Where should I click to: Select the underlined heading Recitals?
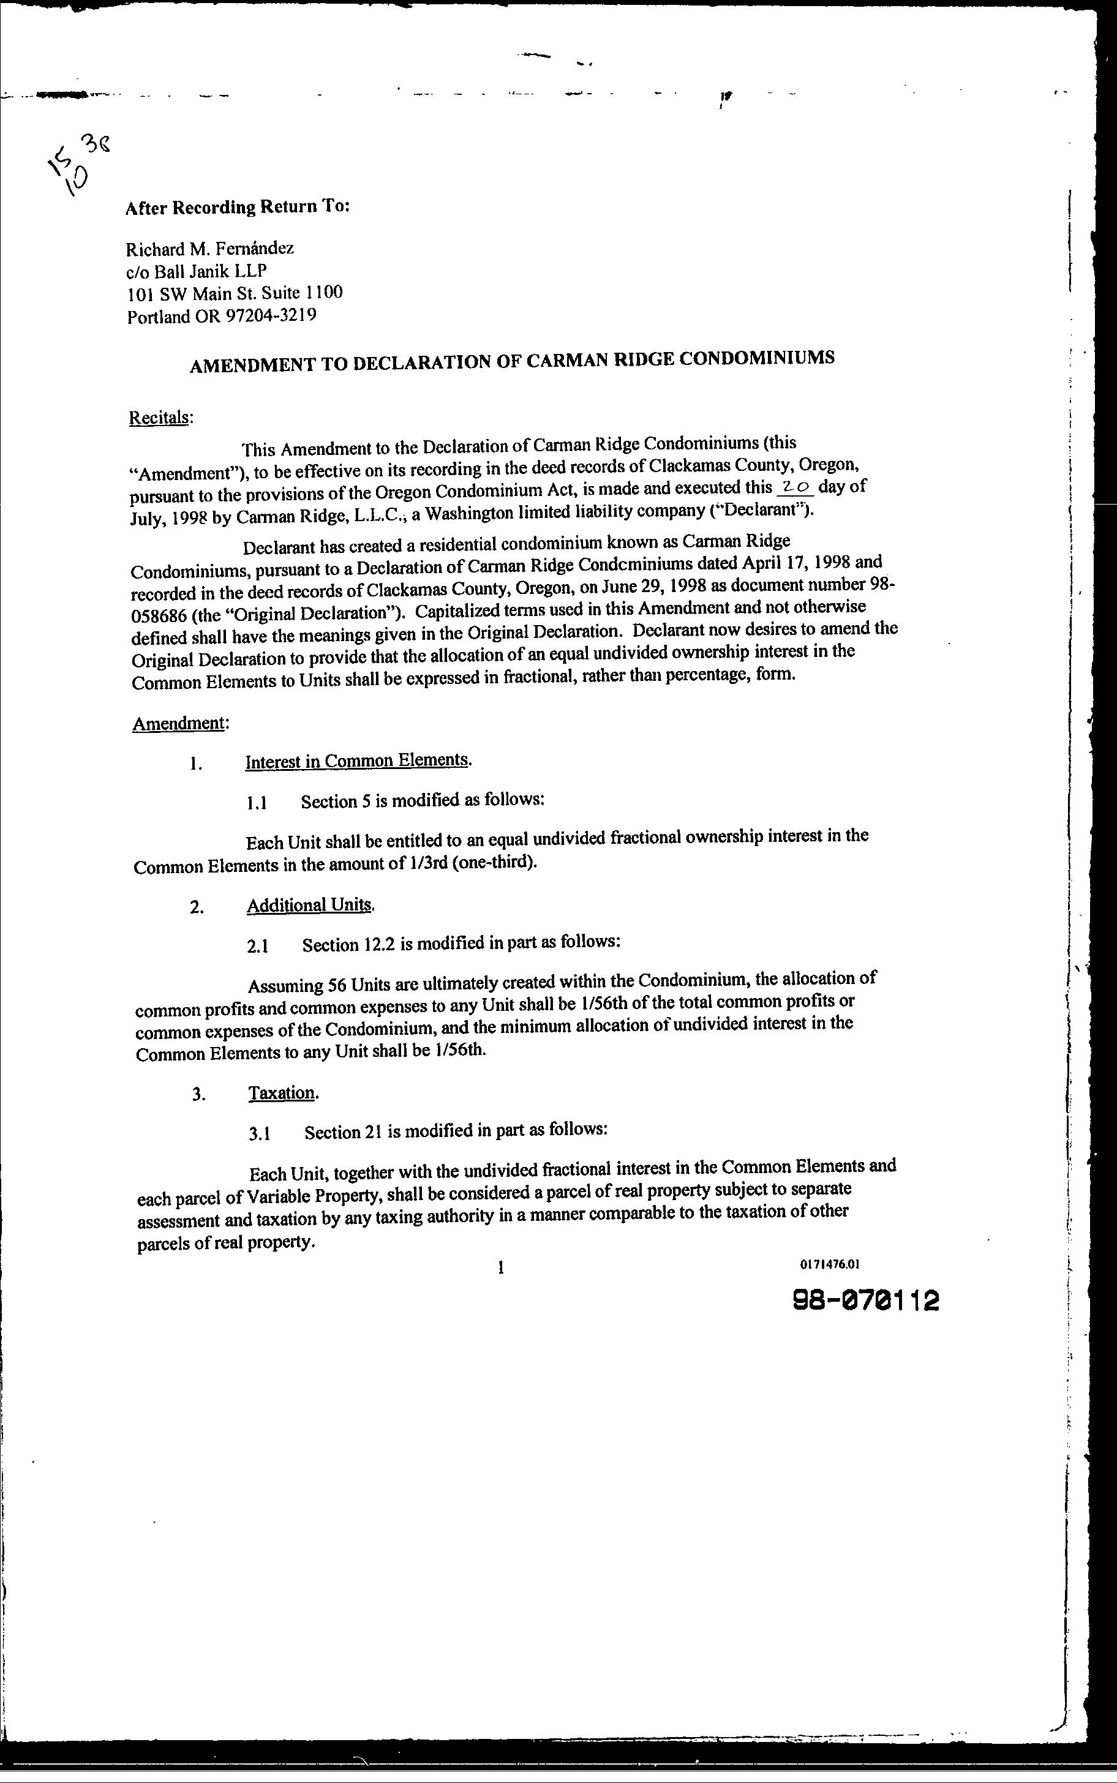[x=160, y=418]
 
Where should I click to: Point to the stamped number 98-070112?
[x=865, y=1300]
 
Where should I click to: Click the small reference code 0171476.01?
[x=830, y=1264]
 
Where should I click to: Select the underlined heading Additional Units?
[x=309, y=905]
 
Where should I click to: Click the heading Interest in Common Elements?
[x=358, y=760]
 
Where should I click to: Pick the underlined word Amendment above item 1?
[x=178, y=723]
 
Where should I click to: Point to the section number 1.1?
[x=257, y=803]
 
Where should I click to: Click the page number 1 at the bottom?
[x=501, y=1268]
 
